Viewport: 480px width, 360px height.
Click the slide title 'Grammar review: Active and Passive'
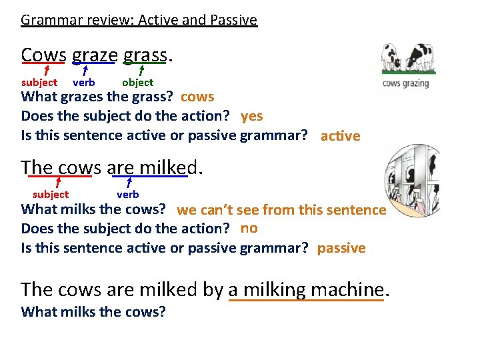coord(139,20)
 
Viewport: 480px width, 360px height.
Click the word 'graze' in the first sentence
coord(95,55)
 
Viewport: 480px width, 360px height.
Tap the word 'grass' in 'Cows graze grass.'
coord(145,55)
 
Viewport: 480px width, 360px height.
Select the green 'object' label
coord(137,83)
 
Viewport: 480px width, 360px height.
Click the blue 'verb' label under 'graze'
coord(83,83)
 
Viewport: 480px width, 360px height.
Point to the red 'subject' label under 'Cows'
coord(39,83)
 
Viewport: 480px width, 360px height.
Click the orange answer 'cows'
coord(197,97)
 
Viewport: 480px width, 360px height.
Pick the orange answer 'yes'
coord(251,116)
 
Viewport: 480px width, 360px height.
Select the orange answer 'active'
coord(340,136)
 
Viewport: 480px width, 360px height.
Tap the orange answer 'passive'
coord(341,248)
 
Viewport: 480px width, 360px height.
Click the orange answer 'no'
coord(249,228)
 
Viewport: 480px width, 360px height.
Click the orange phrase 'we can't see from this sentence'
coord(281,210)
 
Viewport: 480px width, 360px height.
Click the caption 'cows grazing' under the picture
coord(405,84)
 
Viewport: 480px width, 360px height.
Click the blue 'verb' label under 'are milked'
coord(127,195)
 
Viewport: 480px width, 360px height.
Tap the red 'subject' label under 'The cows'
coord(51,195)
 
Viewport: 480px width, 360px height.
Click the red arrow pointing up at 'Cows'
coord(46,70)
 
